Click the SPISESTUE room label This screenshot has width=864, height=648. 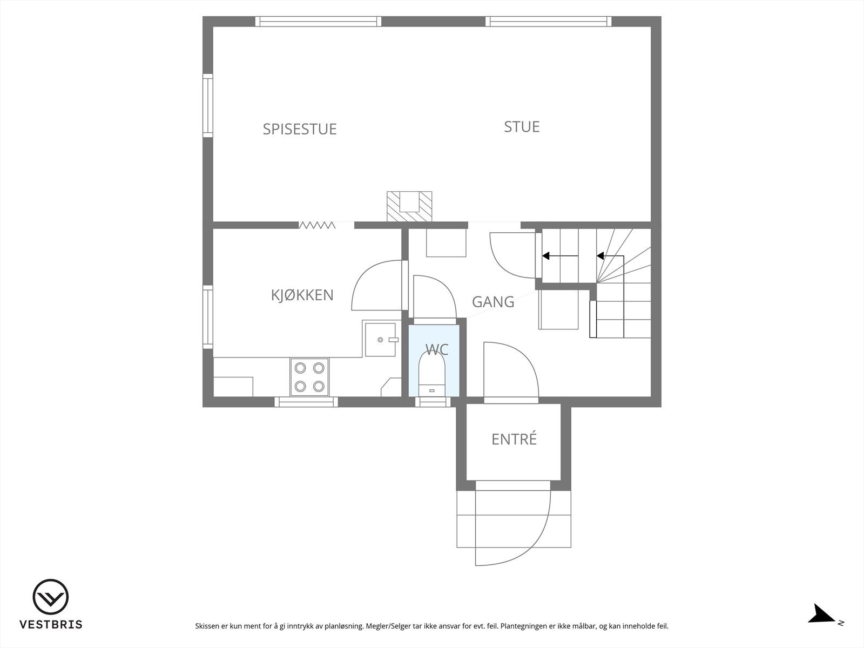(300, 129)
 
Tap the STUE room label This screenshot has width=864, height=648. (522, 126)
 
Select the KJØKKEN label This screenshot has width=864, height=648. (302, 295)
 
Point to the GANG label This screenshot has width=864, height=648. (493, 301)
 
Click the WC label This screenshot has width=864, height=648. (436, 349)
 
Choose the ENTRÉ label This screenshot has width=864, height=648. (514, 439)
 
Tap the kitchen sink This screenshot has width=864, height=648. (382, 340)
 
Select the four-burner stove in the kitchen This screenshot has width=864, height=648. (309, 377)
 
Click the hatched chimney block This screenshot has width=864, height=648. (410, 206)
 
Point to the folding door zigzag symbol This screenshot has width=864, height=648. (318, 225)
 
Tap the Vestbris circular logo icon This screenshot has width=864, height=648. (51, 597)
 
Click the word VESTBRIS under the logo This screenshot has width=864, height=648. (51, 625)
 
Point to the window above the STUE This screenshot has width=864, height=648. (548, 22)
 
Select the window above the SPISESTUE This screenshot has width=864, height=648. (318, 22)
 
